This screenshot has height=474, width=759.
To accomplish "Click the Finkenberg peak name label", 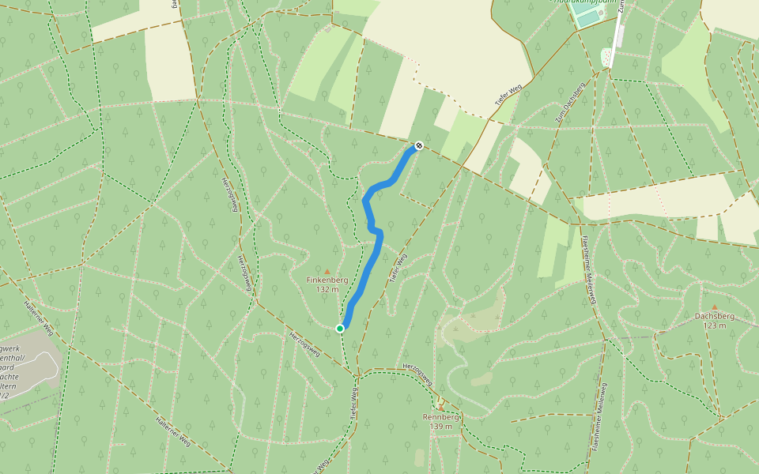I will [x=327, y=280].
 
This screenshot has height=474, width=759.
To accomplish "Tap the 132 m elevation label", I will [x=327, y=289].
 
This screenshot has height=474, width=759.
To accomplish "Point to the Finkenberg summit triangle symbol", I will [x=327, y=271].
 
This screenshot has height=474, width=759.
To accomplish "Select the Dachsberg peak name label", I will [x=715, y=316].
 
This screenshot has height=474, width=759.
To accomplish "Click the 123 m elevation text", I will [x=715, y=325].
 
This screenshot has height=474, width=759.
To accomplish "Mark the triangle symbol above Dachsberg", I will [x=715, y=307].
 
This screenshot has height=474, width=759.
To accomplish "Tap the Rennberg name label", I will [x=441, y=417].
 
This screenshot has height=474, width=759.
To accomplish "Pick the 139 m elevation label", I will [x=441, y=427].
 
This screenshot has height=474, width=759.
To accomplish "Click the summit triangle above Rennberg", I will [x=441, y=408].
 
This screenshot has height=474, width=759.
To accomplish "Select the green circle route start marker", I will [x=340, y=328].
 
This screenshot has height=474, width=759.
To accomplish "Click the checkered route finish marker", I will [x=418, y=145].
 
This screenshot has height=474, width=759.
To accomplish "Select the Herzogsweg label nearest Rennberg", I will [x=418, y=374].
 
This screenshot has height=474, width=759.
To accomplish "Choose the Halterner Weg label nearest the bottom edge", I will [x=173, y=430].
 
